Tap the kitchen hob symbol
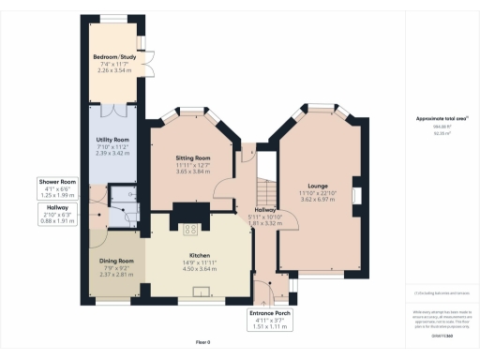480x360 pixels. (189, 229)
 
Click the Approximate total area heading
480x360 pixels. (434, 118)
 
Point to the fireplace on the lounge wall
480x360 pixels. (356, 195)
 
